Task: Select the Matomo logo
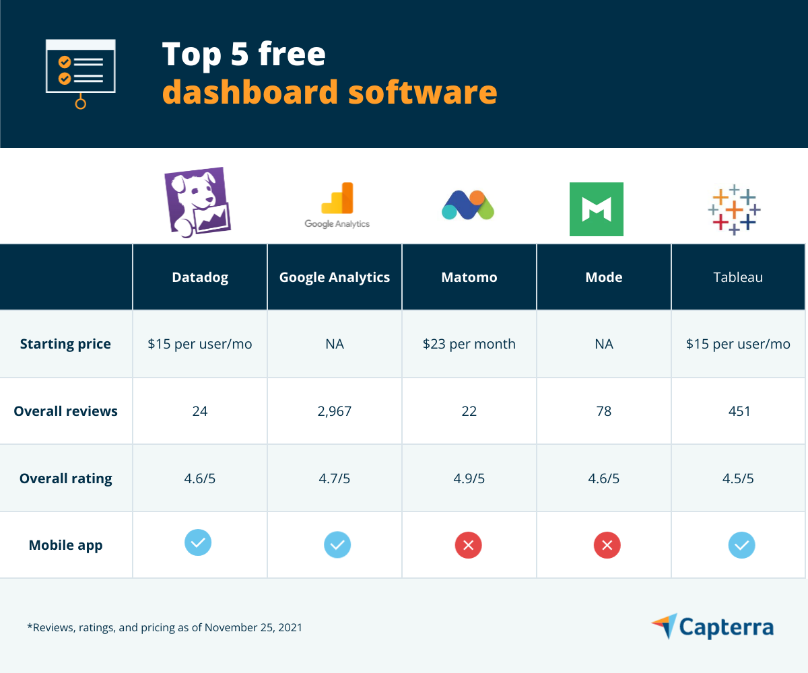[x=468, y=205]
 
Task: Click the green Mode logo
[x=596, y=209]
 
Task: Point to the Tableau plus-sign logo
[x=734, y=209]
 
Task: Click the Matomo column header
[x=469, y=277]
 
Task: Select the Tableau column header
[x=738, y=277]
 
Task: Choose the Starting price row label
[x=65, y=344]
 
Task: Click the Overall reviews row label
[x=65, y=411]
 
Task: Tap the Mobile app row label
[x=65, y=545]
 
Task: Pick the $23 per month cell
[x=469, y=344]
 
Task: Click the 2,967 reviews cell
[x=335, y=411]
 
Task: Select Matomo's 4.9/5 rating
[x=469, y=479]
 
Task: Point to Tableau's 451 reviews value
[x=739, y=411]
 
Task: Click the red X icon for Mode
[x=607, y=545]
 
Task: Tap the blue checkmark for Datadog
[x=198, y=542]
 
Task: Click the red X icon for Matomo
[x=469, y=545]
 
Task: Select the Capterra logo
[x=712, y=627]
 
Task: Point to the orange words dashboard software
[x=329, y=92]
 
